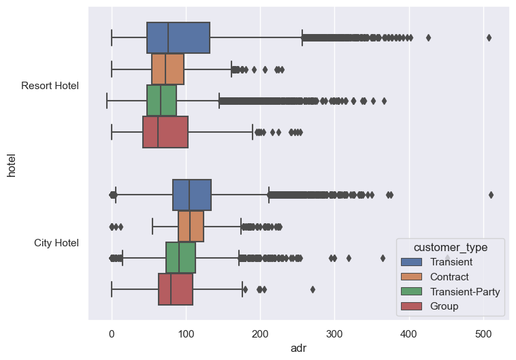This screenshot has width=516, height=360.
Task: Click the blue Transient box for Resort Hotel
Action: [x=178, y=37]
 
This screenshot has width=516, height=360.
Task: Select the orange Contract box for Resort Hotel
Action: [x=167, y=69]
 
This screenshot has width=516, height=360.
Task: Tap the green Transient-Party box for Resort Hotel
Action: [x=161, y=100]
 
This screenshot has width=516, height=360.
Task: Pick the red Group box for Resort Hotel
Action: [x=165, y=131]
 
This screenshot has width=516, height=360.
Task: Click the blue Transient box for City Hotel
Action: [x=192, y=195]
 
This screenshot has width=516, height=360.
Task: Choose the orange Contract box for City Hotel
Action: [x=191, y=226]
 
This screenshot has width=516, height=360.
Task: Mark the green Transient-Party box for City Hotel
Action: [x=180, y=257]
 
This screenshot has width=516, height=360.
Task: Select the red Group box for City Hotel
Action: [x=176, y=289]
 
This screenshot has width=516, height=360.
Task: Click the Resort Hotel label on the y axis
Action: [x=50, y=86]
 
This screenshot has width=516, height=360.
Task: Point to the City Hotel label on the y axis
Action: [x=57, y=243]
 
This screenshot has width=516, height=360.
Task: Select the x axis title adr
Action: [x=299, y=348]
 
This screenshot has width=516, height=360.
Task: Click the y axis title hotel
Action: [x=11, y=164]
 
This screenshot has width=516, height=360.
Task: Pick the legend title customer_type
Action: [x=450, y=246]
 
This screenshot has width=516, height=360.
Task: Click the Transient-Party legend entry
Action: [x=465, y=291]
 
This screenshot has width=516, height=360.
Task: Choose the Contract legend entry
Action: [x=451, y=276]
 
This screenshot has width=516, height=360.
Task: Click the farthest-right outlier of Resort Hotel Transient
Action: [x=489, y=37]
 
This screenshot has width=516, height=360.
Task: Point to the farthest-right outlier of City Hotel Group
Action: [x=312, y=289]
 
